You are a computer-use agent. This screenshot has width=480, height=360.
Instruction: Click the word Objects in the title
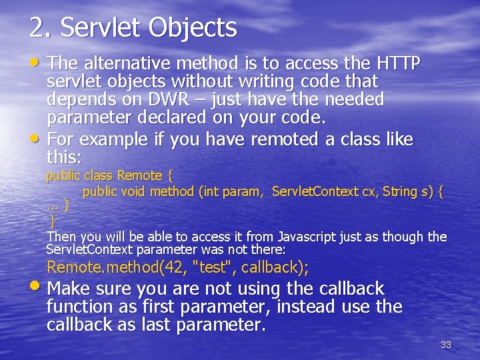193,28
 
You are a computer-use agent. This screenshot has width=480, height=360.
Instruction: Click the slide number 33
446,345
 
